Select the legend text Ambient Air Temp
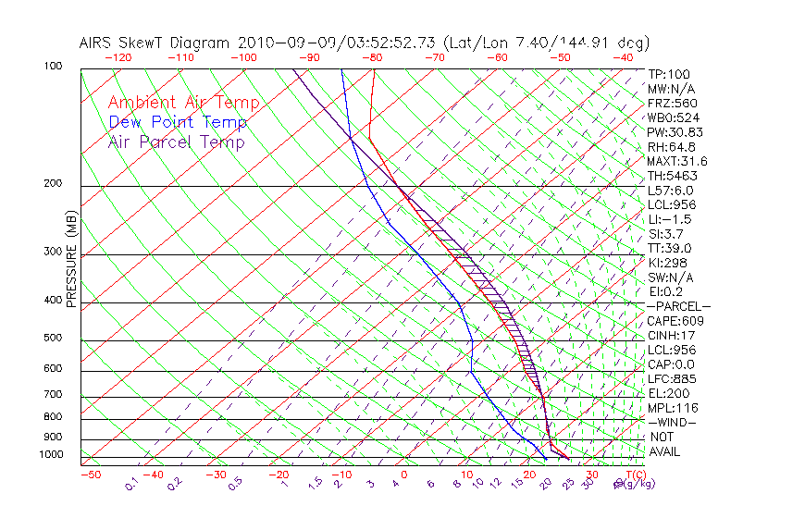click(183, 103)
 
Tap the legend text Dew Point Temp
click(177, 122)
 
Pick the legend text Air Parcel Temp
click(176, 142)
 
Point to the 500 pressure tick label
click(55, 339)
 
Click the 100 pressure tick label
click(55, 67)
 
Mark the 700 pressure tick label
click(55, 395)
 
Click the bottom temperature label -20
click(279, 475)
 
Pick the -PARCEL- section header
click(678, 306)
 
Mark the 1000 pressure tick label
click(52, 455)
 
